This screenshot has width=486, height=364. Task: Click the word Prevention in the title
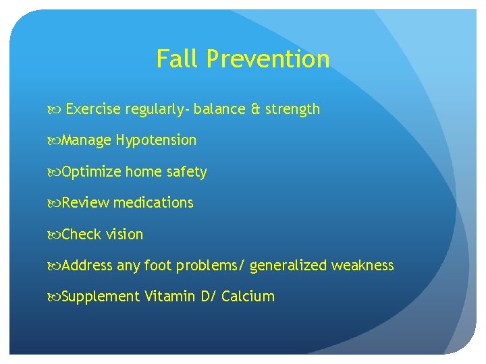[x=268, y=59]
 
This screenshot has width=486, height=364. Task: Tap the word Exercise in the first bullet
[x=93, y=109]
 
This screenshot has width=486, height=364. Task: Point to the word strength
[x=292, y=109]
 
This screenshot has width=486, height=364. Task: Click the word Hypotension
[x=156, y=141]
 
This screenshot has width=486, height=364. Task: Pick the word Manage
[x=86, y=141]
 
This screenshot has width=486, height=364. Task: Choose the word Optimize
[x=91, y=172]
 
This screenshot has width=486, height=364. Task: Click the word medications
[x=153, y=203]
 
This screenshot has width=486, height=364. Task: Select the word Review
[x=86, y=203]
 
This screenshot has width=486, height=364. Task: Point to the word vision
[x=125, y=235]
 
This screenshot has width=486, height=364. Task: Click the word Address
[x=87, y=266]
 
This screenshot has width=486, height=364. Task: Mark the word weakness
[x=362, y=266]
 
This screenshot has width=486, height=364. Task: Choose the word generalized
[x=288, y=266]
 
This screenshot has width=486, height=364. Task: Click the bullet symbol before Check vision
[x=55, y=235]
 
